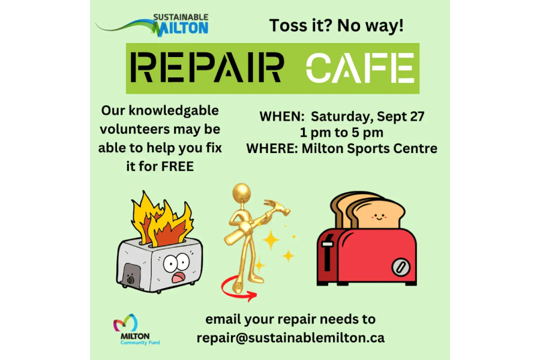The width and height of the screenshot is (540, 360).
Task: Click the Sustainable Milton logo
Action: tap(152, 25)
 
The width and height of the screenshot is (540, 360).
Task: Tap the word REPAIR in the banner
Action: tap(207, 68)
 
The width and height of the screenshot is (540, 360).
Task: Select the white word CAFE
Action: tap(360, 68)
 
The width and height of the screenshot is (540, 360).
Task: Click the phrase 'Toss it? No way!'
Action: tap(336, 26)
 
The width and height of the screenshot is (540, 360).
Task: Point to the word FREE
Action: tap(178, 166)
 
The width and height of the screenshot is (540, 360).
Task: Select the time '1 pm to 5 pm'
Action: tap(341, 132)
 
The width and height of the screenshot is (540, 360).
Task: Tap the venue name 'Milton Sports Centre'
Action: tap(370, 148)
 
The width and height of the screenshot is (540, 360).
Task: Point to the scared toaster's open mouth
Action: tap(179, 277)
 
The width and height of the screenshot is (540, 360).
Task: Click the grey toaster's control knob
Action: tap(130, 278)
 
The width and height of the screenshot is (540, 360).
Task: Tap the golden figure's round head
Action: tap(241, 192)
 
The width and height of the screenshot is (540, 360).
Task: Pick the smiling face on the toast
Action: tap(379, 217)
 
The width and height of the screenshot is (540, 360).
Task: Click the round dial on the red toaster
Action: tap(401, 267)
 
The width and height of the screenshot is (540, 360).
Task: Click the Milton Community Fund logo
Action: tap(136, 329)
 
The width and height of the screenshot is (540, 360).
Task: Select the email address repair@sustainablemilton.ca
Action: tap(290, 338)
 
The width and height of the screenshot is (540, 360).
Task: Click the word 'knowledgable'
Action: tap(173, 111)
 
